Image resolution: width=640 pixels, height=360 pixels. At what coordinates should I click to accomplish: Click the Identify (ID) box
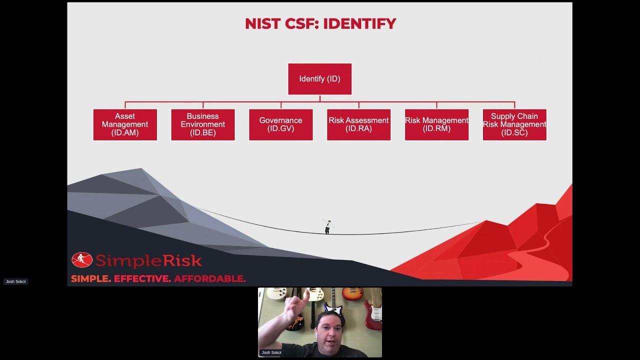point(319,79)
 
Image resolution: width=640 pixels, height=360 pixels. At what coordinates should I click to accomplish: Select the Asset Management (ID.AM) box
point(125,124)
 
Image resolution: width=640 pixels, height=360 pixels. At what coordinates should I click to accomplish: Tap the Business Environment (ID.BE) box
point(203,124)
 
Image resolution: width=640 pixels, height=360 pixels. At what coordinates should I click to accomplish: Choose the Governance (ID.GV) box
point(281,124)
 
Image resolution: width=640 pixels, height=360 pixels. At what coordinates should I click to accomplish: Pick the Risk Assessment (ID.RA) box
point(358,124)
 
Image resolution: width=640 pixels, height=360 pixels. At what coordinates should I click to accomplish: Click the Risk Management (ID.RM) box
point(436,124)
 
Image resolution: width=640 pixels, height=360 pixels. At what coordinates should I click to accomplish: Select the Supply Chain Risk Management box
point(514,124)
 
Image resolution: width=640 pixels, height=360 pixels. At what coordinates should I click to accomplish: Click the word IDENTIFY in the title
point(359,23)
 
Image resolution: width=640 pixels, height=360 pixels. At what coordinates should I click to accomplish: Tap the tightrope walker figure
point(327,227)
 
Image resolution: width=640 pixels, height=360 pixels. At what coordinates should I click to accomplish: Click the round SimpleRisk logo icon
point(81,260)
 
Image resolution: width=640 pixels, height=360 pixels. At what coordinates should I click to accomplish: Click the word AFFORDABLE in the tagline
point(210,278)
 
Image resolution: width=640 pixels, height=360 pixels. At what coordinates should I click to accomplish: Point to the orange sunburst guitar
point(352,294)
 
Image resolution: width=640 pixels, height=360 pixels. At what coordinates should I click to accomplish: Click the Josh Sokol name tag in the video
point(271,352)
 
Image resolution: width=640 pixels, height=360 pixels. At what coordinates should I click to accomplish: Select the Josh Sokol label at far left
point(15,281)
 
